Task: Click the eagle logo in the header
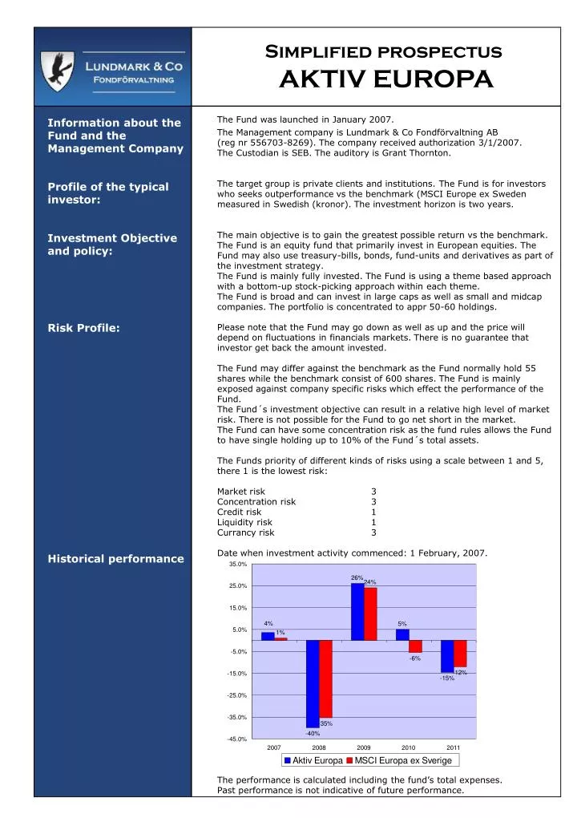pyautogui.click(x=58, y=70)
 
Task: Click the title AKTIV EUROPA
pyautogui.click(x=385, y=79)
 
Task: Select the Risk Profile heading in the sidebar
pyautogui.click(x=84, y=327)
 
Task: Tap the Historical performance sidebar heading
pyautogui.click(x=115, y=558)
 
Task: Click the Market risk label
pyautogui.click(x=241, y=492)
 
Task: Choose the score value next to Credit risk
pyautogui.click(x=373, y=512)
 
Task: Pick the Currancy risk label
pyautogui.click(x=245, y=532)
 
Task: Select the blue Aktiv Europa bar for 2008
pyautogui.click(x=313, y=683)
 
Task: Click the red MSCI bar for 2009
pyautogui.click(x=370, y=613)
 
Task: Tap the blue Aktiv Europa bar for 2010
pyautogui.click(x=402, y=634)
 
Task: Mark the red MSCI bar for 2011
pyautogui.click(x=460, y=654)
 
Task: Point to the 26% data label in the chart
pyautogui.click(x=357, y=577)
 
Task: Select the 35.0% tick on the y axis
pyautogui.click(x=238, y=565)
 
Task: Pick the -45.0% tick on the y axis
pyautogui.click(x=237, y=739)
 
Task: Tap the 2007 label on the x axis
pyautogui.click(x=274, y=747)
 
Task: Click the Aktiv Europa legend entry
pyautogui.click(x=313, y=760)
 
